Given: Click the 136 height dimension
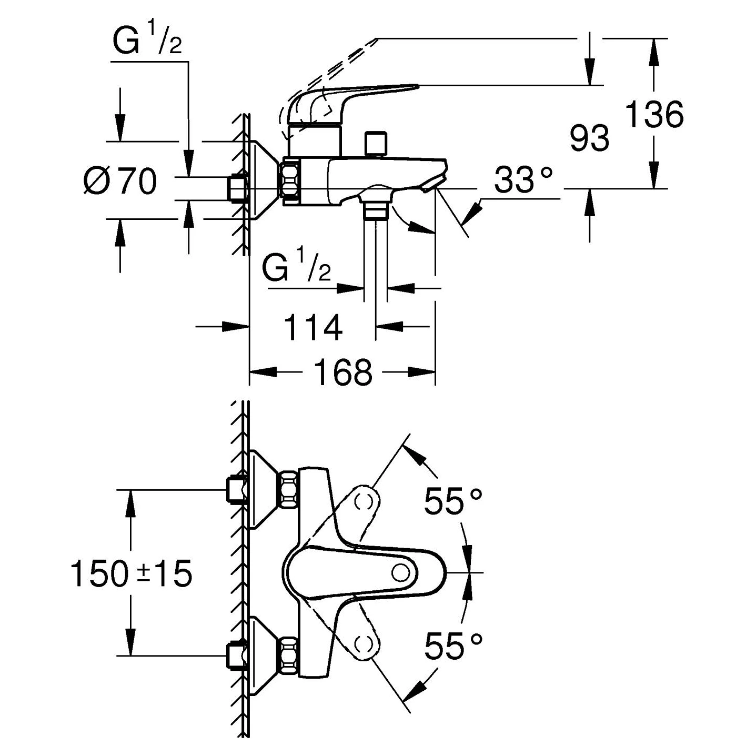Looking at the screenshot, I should coord(654,114).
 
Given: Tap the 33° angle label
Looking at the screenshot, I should coord(523,180).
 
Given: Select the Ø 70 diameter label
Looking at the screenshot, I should coord(120,182).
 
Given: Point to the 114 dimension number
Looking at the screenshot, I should coord(313,327).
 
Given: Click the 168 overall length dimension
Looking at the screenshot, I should coord(343,372).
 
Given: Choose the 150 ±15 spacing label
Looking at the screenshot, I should coord(131,573).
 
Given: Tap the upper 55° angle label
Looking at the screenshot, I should coord(453,502).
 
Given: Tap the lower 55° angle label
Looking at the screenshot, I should coord(453,646).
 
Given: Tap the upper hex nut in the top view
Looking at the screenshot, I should coord(289,490).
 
